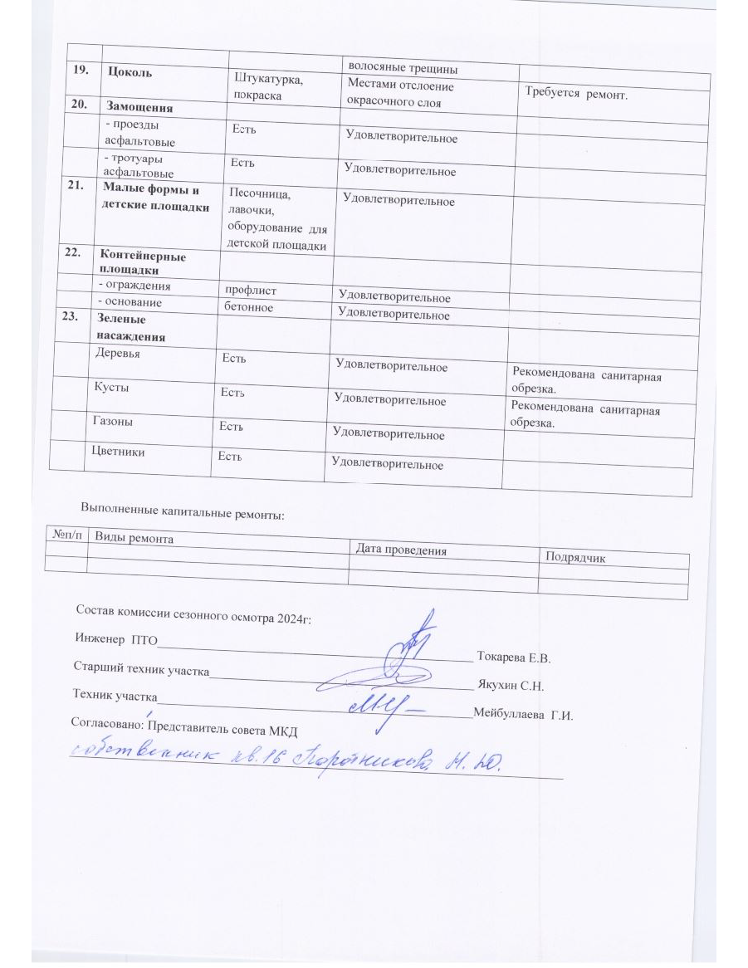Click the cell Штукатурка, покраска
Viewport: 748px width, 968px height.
click(x=268, y=88)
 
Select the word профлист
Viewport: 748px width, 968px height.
click(x=246, y=291)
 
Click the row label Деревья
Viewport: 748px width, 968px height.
click(x=119, y=353)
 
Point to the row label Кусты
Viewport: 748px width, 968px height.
click(x=112, y=388)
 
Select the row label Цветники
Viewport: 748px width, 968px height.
click(x=116, y=452)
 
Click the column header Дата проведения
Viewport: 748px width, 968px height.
click(x=401, y=550)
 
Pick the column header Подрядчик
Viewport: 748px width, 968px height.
click(x=574, y=557)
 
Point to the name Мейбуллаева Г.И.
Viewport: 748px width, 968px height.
click(x=523, y=714)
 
